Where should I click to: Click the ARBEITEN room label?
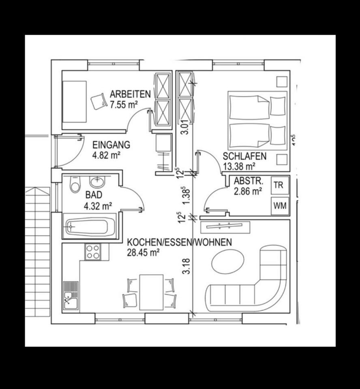(130, 94)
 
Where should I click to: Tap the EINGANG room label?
(111, 145)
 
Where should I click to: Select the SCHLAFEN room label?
(244, 156)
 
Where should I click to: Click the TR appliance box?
(279, 186)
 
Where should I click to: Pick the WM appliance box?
(279, 205)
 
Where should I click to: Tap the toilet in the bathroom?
(74, 185)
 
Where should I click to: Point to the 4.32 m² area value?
(98, 206)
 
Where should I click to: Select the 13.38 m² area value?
(239, 166)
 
